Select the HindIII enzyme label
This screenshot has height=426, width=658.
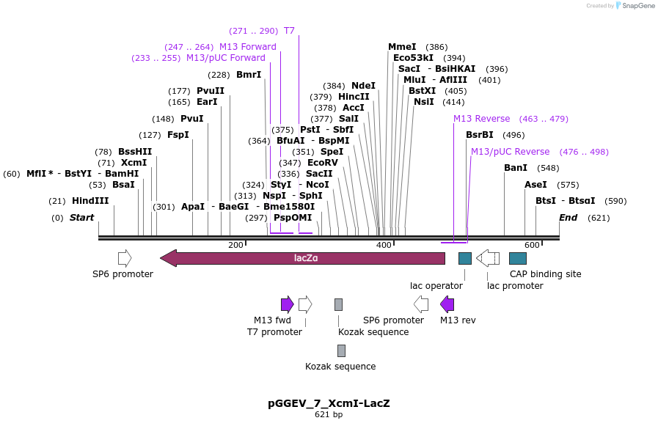coord(90,201)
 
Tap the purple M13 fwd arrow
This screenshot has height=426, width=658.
coord(287,304)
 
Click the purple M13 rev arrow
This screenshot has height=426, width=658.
coord(447,304)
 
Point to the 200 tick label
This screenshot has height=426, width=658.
coord(235,245)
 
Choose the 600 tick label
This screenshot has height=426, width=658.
coord(532,245)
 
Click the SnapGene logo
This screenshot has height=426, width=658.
coord(635,6)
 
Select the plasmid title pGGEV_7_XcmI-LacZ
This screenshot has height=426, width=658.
coord(329,403)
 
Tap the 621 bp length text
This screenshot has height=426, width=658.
coord(329,415)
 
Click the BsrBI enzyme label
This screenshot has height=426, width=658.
coord(480,135)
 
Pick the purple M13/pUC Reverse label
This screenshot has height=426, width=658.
coord(510,152)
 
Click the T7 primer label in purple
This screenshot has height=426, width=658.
coord(289,31)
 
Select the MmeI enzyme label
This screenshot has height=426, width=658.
coord(402,47)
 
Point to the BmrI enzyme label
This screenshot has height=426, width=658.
coord(249,75)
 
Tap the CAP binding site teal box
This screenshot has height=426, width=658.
coord(518,258)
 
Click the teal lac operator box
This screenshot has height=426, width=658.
coord(465,258)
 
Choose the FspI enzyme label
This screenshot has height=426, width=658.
coord(178,135)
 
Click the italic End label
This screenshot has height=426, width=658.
coord(569,218)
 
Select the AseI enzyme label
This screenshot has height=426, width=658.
coord(535,185)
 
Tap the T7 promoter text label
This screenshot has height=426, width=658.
coord(274,332)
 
